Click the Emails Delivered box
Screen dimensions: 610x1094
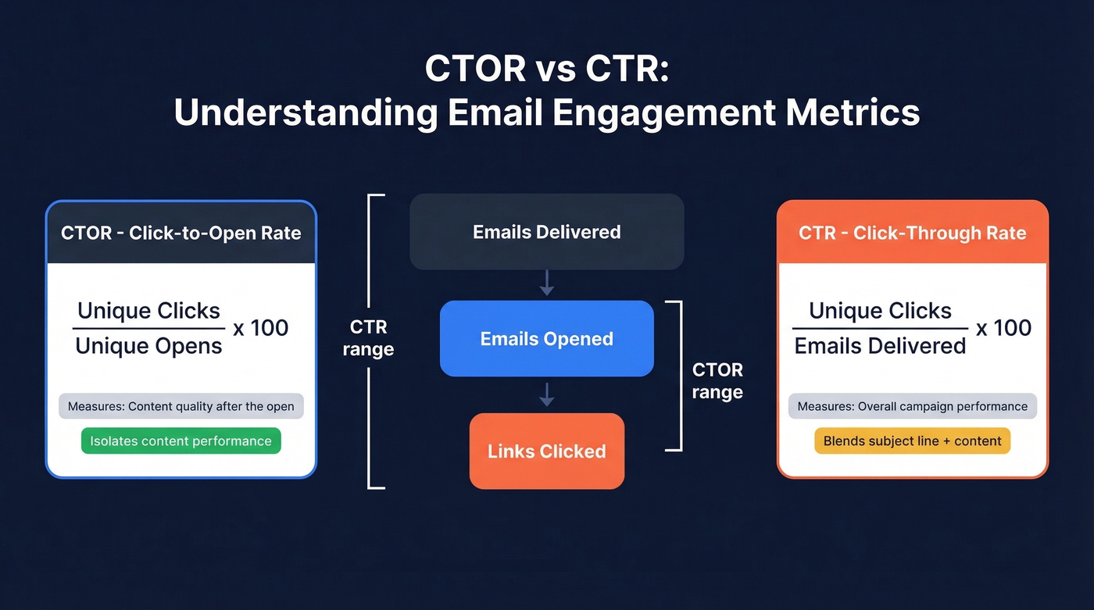point(546,232)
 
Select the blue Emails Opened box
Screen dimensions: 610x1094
point(546,339)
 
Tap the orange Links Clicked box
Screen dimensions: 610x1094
point(546,451)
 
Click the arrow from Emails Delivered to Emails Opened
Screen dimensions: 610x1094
point(547,283)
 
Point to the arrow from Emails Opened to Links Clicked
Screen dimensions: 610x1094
point(547,394)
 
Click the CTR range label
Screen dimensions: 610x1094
point(368,338)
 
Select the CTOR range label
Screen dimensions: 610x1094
point(717,380)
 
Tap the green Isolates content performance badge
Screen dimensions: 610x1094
point(181,441)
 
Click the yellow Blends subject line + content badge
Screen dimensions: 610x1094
point(912,441)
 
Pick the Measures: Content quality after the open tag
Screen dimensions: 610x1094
point(181,406)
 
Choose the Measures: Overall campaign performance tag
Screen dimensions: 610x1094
point(912,406)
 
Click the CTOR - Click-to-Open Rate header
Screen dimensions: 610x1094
point(181,233)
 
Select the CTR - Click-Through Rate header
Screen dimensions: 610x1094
point(912,233)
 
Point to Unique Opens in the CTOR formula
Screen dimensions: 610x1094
point(148,346)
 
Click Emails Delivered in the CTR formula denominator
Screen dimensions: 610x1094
point(880,346)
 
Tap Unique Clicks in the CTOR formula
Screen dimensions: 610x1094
point(148,311)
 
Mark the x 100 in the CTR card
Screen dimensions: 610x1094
point(1003,328)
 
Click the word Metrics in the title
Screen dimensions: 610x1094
point(853,112)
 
